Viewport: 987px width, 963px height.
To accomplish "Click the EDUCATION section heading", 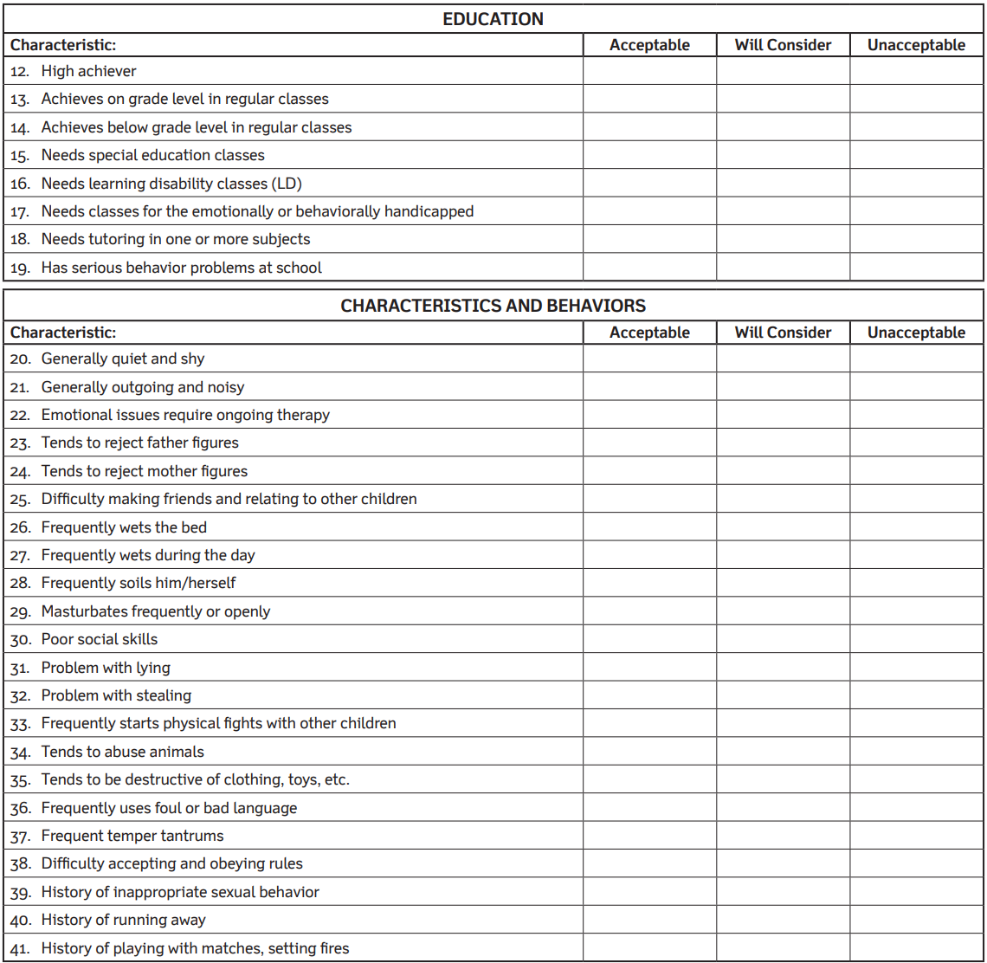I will click(x=493, y=19).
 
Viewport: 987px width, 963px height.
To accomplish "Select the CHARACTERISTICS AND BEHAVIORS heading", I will click(x=493, y=306).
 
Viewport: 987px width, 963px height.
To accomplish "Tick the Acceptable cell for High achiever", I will click(x=649, y=71).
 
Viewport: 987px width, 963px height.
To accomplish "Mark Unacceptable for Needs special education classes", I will click(x=916, y=155).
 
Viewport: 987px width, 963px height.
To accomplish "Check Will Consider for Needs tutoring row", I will click(x=783, y=239).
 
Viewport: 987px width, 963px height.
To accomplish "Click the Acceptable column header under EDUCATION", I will click(x=649, y=45).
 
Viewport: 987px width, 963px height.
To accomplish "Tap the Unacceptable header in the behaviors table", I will click(x=916, y=333).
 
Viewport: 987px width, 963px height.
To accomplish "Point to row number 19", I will click(x=20, y=268).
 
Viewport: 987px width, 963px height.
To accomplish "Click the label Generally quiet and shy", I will click(x=123, y=359).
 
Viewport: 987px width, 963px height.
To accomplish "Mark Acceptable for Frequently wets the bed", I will click(x=649, y=527).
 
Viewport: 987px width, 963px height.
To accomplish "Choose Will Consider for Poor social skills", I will click(x=783, y=639).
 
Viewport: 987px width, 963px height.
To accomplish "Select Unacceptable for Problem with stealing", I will click(x=916, y=695).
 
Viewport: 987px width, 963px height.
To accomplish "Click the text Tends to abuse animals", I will click(x=123, y=752).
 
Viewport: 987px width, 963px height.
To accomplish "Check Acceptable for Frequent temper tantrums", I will click(x=649, y=836).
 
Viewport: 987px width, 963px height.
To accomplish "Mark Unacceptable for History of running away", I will click(x=916, y=920).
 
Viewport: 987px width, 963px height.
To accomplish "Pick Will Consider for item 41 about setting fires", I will click(x=783, y=948).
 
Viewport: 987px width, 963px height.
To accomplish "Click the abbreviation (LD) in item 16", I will click(x=287, y=184).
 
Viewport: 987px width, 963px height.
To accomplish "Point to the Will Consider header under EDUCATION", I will click(x=783, y=45).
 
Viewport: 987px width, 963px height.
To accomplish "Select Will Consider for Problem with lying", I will click(x=783, y=668).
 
